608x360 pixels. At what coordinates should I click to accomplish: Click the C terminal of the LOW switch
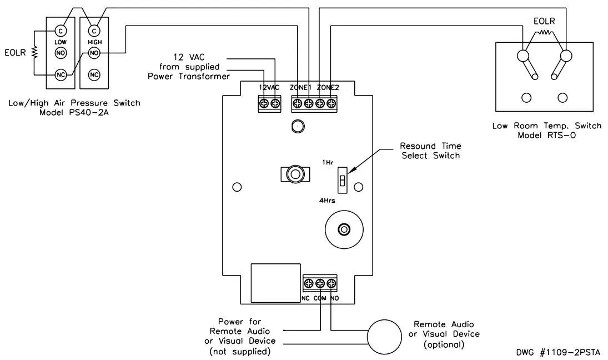(x=59, y=31)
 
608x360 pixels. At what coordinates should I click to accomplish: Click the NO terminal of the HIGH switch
(x=94, y=53)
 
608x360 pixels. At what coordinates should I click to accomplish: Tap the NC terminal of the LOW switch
(x=59, y=75)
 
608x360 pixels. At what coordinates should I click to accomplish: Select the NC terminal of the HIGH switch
(x=94, y=75)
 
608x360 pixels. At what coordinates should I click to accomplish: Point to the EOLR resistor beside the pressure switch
(x=34, y=53)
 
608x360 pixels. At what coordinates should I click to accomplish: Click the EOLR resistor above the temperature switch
(x=544, y=33)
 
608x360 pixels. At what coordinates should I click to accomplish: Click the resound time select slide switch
(x=343, y=181)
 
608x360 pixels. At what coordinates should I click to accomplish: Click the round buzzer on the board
(x=344, y=229)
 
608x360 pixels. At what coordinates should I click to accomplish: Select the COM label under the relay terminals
(x=320, y=298)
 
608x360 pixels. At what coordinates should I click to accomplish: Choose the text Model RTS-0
(x=546, y=135)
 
